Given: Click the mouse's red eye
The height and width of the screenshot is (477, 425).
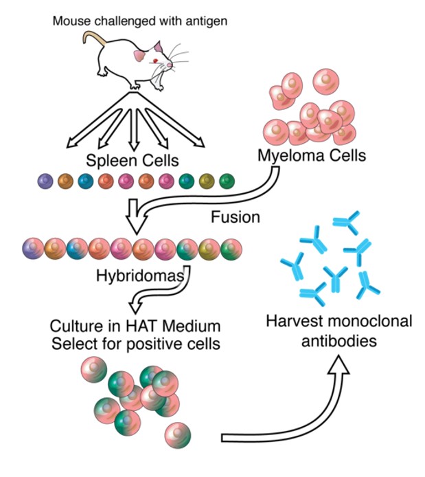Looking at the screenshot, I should pyautogui.click(x=155, y=63).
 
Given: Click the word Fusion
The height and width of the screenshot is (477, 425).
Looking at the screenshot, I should pyautogui.click(x=235, y=218).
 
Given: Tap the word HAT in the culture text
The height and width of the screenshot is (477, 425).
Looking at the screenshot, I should pyautogui.click(x=137, y=324).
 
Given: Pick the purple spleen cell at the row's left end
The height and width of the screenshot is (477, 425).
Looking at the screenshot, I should pyautogui.click(x=46, y=181).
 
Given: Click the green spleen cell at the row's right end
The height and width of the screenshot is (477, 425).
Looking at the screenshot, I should pyautogui.click(x=227, y=181).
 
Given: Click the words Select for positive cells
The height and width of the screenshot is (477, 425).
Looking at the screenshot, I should pyautogui.click(x=135, y=342).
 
